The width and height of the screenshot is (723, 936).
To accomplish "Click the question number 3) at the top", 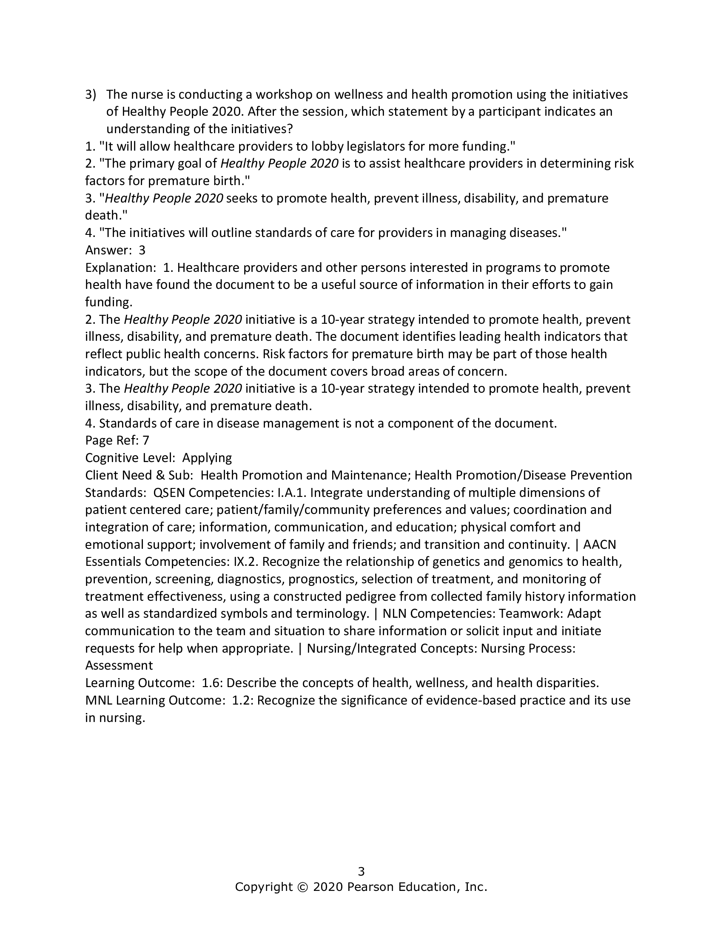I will [x=91, y=94].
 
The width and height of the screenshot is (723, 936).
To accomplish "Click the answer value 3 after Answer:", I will [x=142, y=250].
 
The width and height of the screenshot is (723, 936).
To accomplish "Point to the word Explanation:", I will [x=120, y=268].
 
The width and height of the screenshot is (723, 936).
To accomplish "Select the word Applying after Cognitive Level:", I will [x=207, y=458].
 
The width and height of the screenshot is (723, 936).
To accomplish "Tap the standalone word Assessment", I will [x=119, y=665].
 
